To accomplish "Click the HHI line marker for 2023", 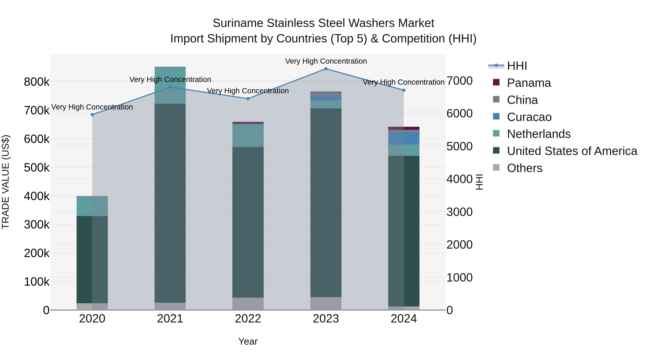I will coord(326,69).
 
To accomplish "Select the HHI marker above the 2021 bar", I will coord(170,87).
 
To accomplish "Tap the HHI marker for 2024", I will coord(404,90).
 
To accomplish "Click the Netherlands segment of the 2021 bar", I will coord(170,85).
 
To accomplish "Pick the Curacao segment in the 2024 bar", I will coord(404,138).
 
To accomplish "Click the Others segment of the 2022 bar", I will coord(248,304).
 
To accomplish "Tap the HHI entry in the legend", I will coord(517,66).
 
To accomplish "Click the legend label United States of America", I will coord(572,151).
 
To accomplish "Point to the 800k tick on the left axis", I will coord(37,82).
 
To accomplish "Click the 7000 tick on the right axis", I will coord(459,81).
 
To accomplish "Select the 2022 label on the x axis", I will coord(248,319).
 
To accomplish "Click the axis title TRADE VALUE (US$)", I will coord(6,182).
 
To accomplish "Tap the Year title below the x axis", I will coord(248,341).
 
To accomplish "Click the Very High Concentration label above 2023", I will coord(326,61).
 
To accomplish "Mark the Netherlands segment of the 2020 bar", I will coord(92,206).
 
